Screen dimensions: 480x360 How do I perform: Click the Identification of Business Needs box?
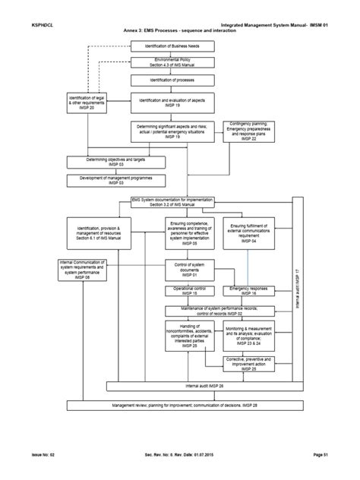tap(174, 46)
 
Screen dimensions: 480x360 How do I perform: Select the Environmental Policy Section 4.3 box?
tap(174, 62)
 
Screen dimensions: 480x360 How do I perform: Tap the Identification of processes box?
tap(174, 79)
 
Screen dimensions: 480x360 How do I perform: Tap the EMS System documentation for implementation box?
tap(172, 202)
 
